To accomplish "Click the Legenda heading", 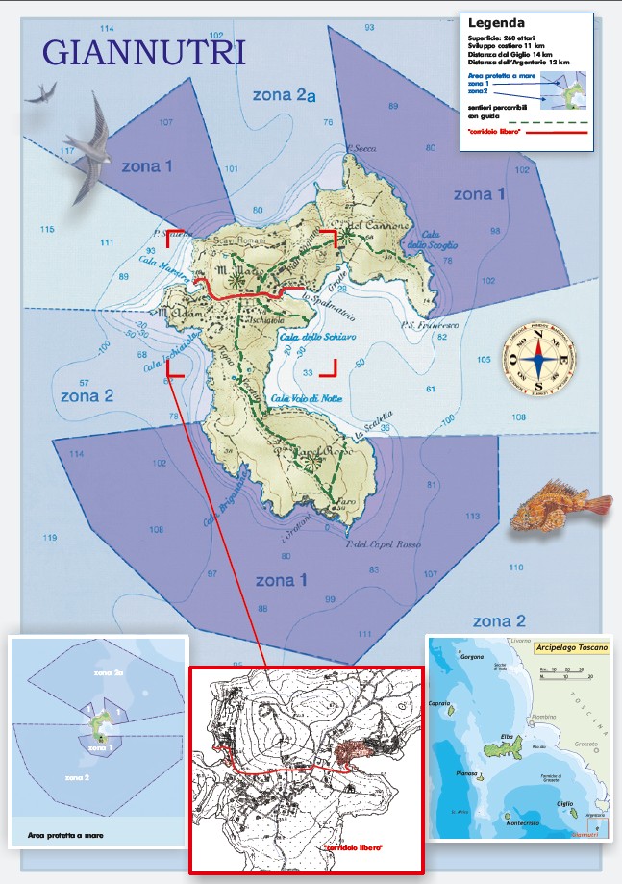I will (x=497, y=21).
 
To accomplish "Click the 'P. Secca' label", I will (x=362, y=149).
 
